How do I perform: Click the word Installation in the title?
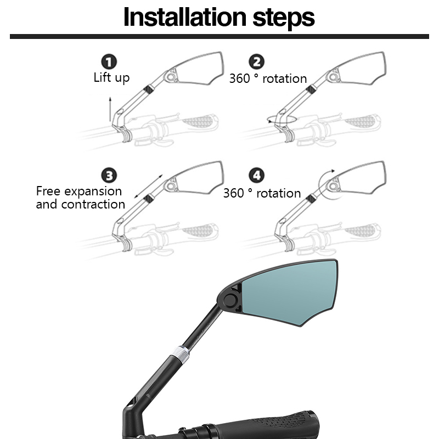185,17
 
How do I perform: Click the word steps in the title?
284,19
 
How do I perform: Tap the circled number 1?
109,61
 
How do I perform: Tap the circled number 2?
256,61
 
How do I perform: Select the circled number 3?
109,175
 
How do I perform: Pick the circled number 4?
256,175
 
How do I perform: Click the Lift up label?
111,78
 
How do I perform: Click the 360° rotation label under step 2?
268,78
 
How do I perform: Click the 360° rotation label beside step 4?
262,193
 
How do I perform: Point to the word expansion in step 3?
93,192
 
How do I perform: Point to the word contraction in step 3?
93,204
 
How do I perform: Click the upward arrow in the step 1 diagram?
110,109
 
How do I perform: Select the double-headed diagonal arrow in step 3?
148,186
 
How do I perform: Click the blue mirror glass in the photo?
289,291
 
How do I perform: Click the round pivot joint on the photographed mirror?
230,300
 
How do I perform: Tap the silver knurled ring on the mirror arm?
181,354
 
